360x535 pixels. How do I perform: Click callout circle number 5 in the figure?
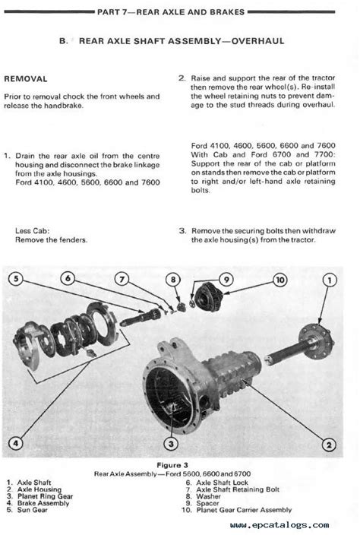16,278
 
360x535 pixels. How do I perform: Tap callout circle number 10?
280,280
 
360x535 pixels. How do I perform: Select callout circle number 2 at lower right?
329,445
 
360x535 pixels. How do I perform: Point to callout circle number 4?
16,443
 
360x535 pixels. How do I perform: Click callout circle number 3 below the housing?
171,444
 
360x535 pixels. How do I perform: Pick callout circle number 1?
330,280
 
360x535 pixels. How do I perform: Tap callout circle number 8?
173,280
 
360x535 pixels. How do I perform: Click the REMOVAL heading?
26,79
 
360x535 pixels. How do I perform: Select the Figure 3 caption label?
172,465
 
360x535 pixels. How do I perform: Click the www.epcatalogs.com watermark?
279,525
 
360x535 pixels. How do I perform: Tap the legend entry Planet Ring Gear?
45,496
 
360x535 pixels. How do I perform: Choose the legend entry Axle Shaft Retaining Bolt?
238,489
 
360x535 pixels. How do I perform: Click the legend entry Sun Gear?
33,510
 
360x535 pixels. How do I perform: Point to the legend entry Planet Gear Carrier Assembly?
244,510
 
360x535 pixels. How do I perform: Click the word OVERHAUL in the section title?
257,41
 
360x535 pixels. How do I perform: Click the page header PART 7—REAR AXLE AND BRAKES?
171,12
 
